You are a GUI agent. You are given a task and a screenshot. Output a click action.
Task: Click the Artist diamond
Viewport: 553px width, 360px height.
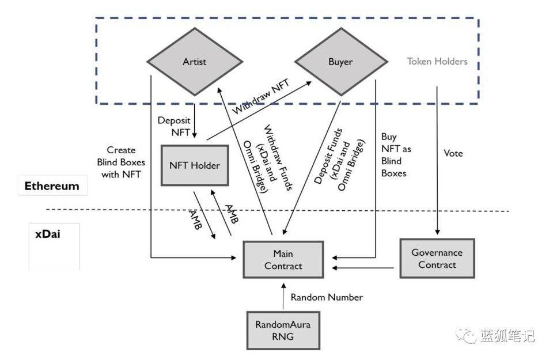point(194,62)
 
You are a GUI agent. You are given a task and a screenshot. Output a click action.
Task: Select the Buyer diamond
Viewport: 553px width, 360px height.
point(340,62)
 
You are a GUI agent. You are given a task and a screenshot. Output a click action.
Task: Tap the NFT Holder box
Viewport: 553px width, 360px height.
point(195,165)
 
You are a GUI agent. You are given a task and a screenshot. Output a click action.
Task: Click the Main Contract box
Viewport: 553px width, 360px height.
point(283,260)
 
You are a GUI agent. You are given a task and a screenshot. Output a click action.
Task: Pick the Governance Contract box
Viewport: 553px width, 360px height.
point(437,259)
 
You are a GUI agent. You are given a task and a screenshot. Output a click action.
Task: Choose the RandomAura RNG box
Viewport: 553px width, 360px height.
point(283,331)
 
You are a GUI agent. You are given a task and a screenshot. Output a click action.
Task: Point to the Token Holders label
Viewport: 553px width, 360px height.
point(437,61)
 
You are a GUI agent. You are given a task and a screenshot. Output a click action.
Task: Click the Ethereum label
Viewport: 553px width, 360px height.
point(52,187)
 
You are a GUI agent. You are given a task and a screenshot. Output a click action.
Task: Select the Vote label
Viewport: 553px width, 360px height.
point(453,154)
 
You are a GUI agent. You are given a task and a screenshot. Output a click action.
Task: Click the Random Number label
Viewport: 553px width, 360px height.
point(327,297)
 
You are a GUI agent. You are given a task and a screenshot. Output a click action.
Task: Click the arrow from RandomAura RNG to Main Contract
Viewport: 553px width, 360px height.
point(283,297)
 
